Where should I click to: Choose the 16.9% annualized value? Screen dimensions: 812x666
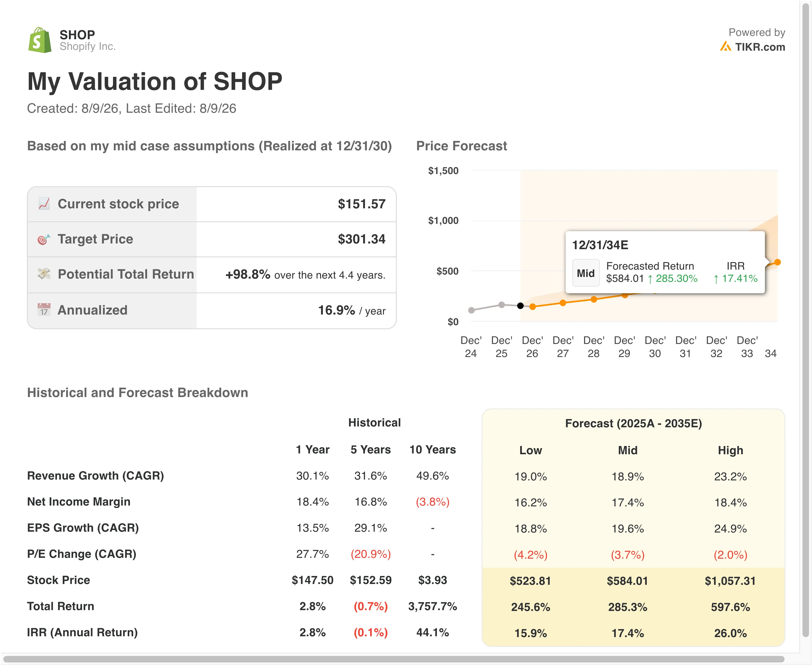[x=336, y=310]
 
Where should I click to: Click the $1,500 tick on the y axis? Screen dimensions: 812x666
[x=443, y=171]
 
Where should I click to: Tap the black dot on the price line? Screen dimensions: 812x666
[x=520, y=306]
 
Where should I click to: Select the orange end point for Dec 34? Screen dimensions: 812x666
[x=777, y=262]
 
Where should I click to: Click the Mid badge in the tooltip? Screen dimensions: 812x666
[x=585, y=273]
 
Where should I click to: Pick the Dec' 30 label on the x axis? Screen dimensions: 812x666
[x=655, y=347]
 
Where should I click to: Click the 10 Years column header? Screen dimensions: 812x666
[x=433, y=450]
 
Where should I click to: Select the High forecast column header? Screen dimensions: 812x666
[x=730, y=450]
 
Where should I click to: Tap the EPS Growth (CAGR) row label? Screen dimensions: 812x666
[x=83, y=528]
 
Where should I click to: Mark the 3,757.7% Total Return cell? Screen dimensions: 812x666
[x=433, y=607]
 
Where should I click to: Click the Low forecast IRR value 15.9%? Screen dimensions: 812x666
[x=531, y=633]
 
